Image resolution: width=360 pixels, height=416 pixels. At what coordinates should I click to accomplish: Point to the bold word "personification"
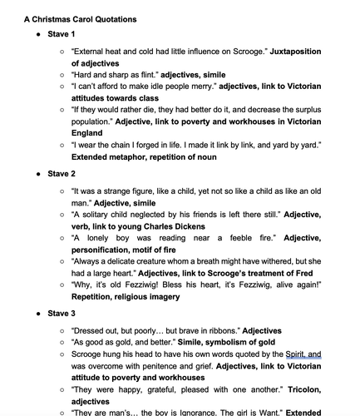pos(107,249)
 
